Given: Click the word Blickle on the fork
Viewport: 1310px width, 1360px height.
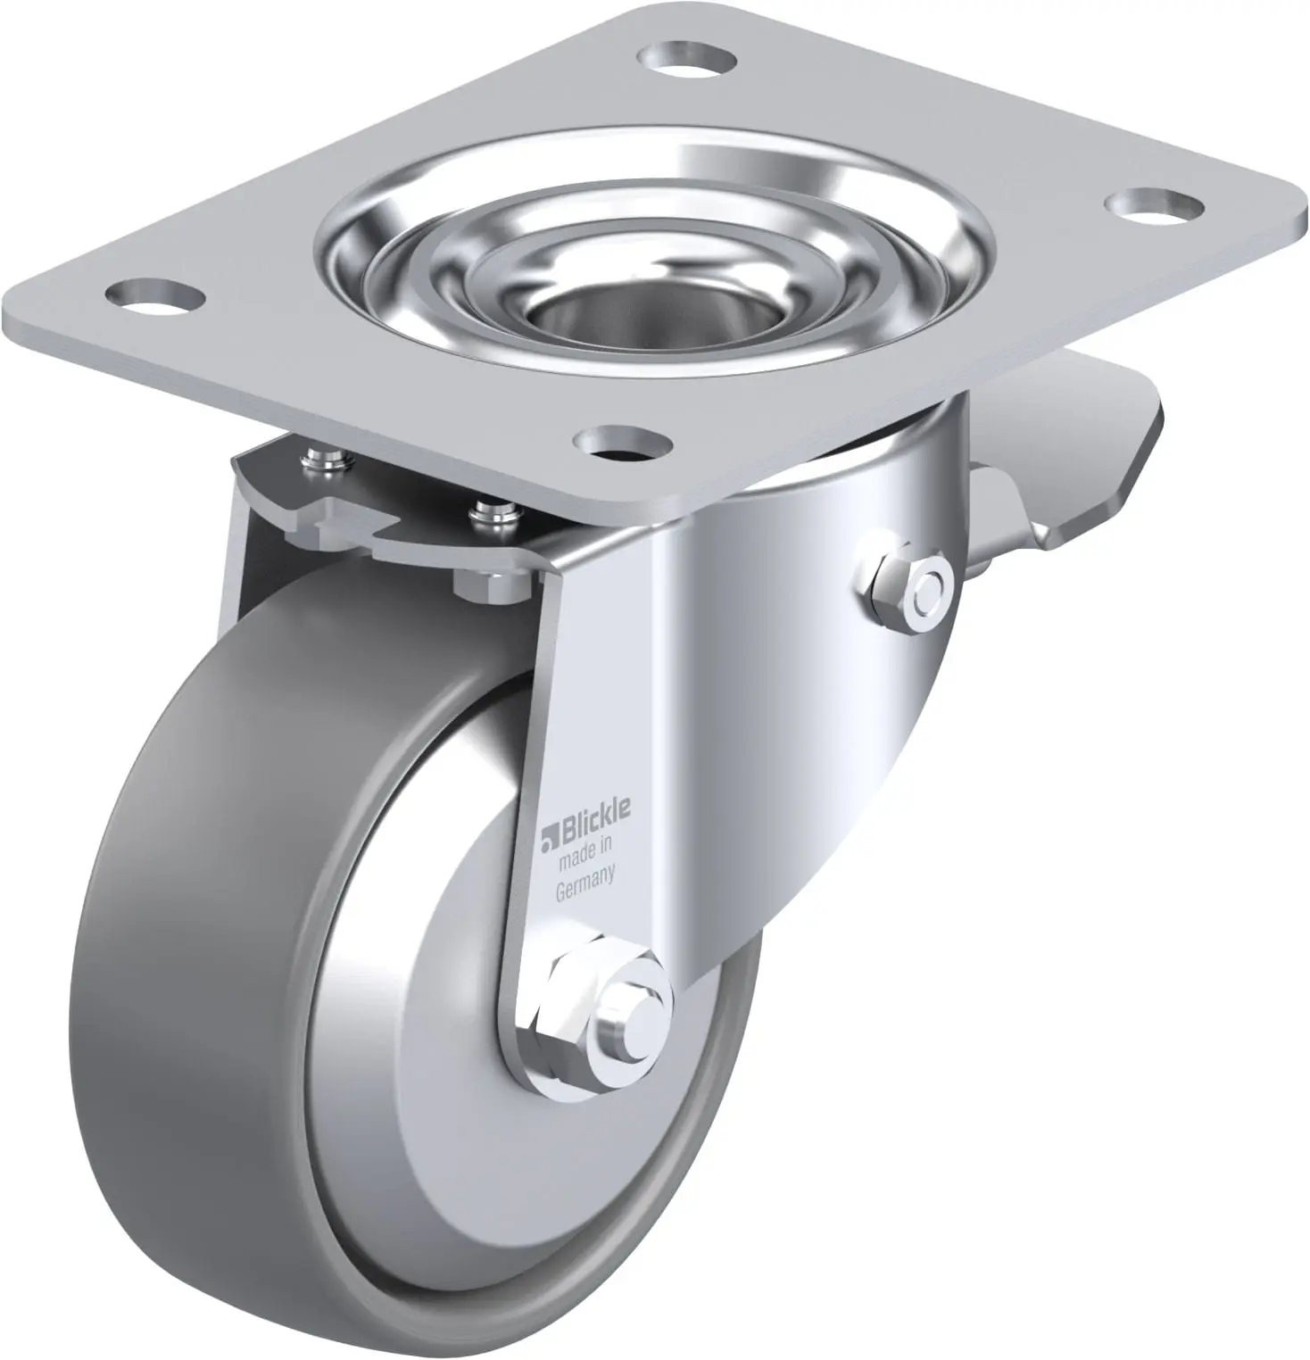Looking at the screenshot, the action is pyautogui.click(x=594, y=813).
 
